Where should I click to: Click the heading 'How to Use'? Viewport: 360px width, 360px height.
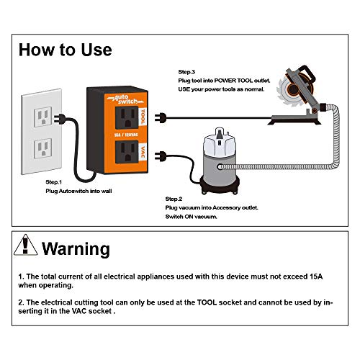pyautogui.click(x=65, y=50)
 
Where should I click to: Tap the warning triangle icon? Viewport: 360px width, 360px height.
pyautogui.click(x=27, y=247)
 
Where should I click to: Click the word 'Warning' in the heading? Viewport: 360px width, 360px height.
pyautogui.click(x=76, y=249)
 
